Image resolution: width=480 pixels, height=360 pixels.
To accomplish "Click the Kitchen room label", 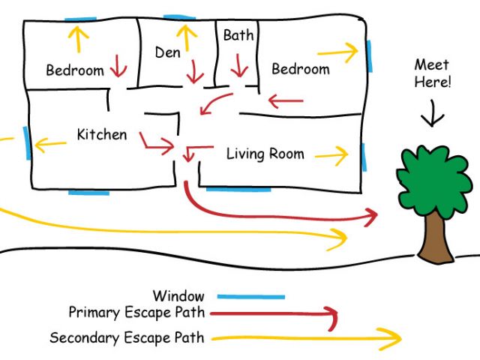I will pyautogui.click(x=102, y=135).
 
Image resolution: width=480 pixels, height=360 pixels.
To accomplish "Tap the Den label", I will pyautogui.click(x=168, y=52).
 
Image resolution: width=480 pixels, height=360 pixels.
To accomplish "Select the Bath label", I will pyautogui.click(x=238, y=35).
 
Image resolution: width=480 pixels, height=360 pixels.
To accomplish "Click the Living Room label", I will pyautogui.click(x=265, y=154).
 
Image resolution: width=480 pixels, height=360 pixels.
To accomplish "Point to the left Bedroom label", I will pyautogui.click(x=75, y=70).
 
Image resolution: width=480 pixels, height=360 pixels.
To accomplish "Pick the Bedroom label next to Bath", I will pyautogui.click(x=300, y=69).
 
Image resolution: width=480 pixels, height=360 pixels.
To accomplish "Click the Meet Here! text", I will pyautogui.click(x=433, y=73).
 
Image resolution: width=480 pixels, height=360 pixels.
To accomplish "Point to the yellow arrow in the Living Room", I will pyautogui.click(x=331, y=155).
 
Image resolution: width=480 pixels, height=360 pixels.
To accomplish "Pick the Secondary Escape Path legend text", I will pyautogui.click(x=127, y=337).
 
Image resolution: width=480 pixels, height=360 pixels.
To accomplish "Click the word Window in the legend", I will pyautogui.click(x=178, y=296).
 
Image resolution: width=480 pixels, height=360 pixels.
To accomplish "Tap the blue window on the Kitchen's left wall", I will pyautogui.click(x=28, y=142).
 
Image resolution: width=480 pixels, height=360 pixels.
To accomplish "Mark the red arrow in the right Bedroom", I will pyautogui.click(x=286, y=100).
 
